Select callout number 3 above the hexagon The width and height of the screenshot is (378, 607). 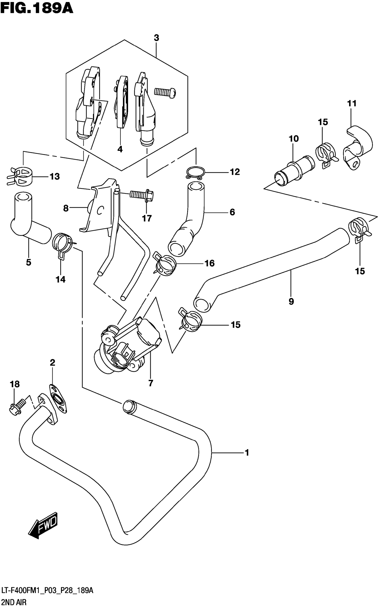pos(156,38)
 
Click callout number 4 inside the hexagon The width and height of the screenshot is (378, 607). pos(120,149)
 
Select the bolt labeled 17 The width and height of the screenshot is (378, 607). pos(141,194)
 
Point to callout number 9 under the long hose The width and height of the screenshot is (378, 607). pos(291,302)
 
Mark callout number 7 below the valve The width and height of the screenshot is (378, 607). pos(151,383)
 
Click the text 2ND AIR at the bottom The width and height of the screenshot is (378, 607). pos(14,602)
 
